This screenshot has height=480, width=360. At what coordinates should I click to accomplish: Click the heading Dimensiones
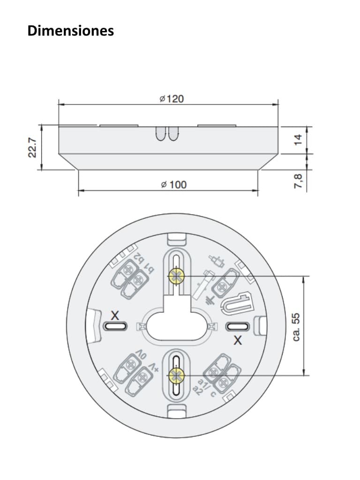point(71,31)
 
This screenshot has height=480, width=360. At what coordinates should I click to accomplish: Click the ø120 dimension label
point(171,98)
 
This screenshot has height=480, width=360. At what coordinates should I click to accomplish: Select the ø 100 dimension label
point(173,185)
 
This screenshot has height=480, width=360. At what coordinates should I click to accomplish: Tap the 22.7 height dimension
point(32,148)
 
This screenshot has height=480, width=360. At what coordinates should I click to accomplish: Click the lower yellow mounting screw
point(176,375)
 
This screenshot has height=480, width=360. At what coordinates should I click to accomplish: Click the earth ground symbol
point(210,299)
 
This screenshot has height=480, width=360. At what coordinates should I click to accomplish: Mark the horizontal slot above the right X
point(238,326)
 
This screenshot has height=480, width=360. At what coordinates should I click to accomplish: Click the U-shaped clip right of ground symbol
point(237,302)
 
